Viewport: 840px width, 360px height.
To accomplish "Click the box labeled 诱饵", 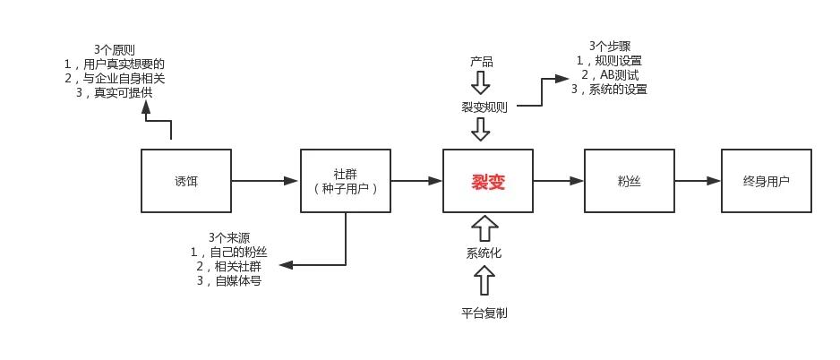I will coord(186,181).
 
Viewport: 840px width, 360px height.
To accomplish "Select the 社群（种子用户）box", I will coord(346,181).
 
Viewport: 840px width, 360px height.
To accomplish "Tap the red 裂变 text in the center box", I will coord(488,181).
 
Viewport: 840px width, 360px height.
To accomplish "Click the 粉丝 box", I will coord(629,181).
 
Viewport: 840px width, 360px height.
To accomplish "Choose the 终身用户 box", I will coord(767,181).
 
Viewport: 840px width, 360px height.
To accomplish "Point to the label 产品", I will coord(482,62).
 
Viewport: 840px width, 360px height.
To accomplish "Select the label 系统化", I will coord(484,253).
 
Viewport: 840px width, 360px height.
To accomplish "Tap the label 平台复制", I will coord(484,313).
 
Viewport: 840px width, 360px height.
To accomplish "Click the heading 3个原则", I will coord(115,50).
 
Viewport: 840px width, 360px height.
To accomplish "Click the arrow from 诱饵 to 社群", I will coord(265,181).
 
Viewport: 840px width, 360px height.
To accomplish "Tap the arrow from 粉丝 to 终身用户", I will coord(698,181).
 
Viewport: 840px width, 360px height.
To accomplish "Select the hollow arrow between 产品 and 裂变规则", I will coord(482,83).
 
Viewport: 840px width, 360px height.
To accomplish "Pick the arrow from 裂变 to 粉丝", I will coord(559,181).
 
